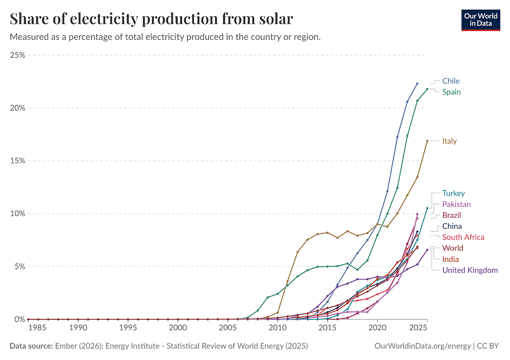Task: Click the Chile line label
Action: (x=451, y=81)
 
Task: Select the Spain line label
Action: (x=452, y=92)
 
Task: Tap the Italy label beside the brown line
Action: (x=449, y=141)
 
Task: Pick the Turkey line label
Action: (x=454, y=193)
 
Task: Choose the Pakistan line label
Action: (x=456, y=204)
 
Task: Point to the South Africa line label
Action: (x=463, y=237)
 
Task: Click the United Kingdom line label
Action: (x=470, y=270)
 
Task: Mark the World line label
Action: (x=453, y=248)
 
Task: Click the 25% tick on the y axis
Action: (x=18, y=55)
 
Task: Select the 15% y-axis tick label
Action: (x=18, y=161)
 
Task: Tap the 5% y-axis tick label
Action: (x=19, y=266)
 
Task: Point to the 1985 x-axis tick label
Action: (x=37, y=328)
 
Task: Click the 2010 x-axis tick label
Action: (x=277, y=328)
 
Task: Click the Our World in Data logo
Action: (x=481, y=20)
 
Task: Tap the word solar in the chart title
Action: (x=275, y=19)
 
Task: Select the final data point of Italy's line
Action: (x=427, y=141)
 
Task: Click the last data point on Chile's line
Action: (x=417, y=83)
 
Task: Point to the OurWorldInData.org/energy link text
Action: (x=422, y=346)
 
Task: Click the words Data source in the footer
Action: (x=31, y=346)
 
